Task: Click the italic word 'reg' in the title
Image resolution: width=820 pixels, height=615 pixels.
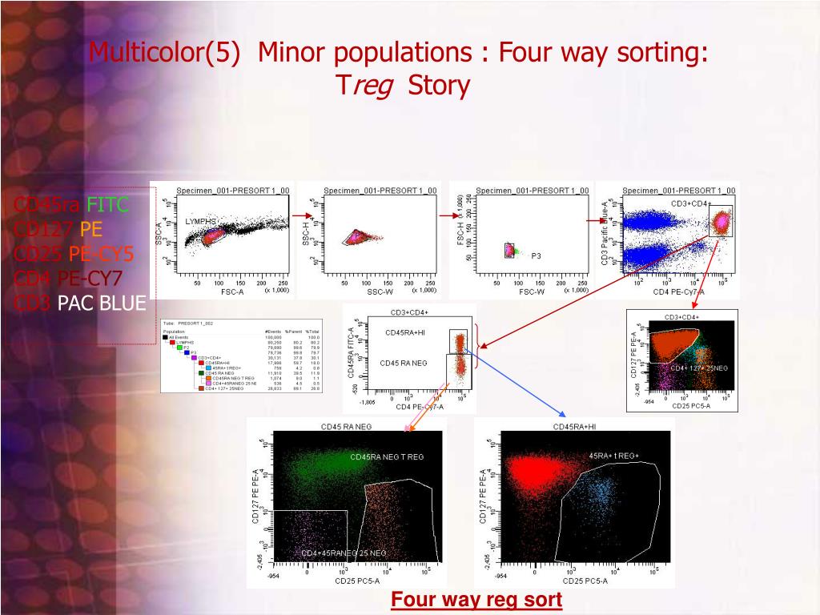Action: tap(374, 85)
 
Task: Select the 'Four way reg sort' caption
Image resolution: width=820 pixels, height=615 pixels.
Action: tap(476, 600)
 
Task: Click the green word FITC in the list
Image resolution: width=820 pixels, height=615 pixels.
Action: tap(108, 205)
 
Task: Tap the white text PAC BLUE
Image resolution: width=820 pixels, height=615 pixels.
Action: tap(101, 303)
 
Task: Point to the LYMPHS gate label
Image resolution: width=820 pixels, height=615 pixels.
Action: tap(201, 221)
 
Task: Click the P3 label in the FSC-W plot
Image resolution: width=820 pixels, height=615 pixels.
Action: tap(536, 255)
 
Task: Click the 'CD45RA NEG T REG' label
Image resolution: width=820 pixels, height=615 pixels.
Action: tap(387, 456)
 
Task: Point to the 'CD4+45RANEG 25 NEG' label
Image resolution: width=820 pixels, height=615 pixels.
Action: tap(344, 553)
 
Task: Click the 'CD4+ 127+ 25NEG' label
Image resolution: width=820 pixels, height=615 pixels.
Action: tap(699, 368)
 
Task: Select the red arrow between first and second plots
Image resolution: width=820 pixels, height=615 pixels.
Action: tap(301, 215)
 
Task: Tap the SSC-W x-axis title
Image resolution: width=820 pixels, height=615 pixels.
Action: tap(380, 291)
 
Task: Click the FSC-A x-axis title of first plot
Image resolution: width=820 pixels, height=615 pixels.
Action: tap(232, 291)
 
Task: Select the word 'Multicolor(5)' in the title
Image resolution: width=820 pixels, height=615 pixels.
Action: tap(165, 53)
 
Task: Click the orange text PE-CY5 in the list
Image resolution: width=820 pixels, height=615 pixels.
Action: tap(101, 255)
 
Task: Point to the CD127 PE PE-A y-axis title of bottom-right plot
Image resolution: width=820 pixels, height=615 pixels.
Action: tap(484, 496)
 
